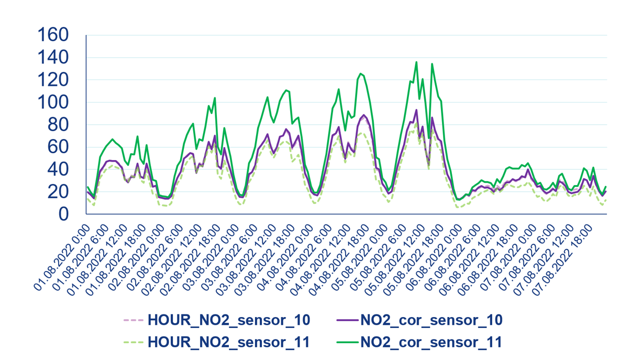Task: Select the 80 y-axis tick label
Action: click(59, 125)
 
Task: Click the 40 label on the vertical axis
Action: click(59, 169)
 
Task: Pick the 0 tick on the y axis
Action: click(64, 214)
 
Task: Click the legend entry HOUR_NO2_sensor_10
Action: click(229, 320)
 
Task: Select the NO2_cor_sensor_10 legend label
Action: click(431, 320)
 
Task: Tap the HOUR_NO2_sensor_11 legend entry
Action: click(229, 343)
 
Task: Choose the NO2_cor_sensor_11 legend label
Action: click(431, 343)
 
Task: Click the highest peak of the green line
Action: click(416, 62)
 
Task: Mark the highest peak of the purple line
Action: click(416, 110)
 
